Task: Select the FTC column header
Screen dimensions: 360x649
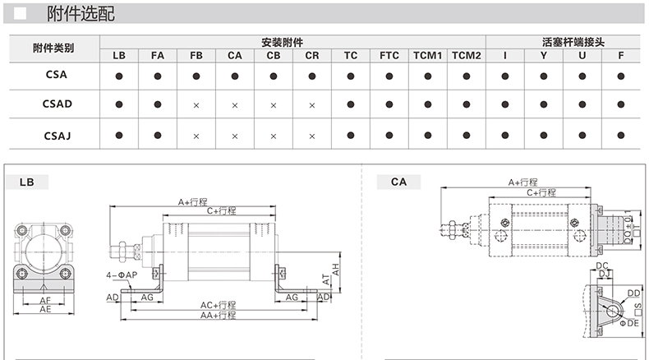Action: click(389, 56)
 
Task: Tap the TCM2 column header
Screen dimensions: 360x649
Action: click(466, 56)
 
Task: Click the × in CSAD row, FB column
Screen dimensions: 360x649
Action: click(196, 105)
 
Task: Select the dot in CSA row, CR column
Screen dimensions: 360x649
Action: click(312, 76)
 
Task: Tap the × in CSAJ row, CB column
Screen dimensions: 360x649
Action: click(274, 135)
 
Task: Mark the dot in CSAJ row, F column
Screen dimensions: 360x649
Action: click(621, 135)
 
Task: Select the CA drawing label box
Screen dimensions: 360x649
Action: click(398, 182)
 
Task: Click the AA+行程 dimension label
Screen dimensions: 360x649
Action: click(219, 315)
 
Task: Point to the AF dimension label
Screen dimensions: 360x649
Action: click(45, 301)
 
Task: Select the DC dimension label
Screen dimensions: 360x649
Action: click(601, 265)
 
